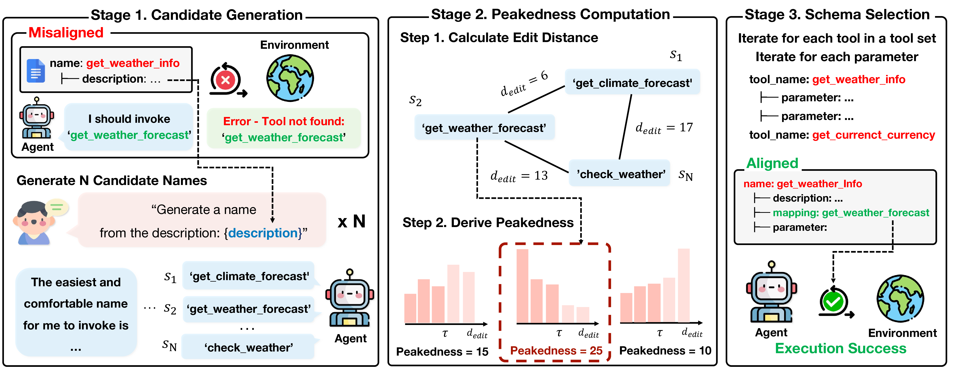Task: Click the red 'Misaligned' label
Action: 66,33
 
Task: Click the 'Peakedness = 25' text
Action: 556,350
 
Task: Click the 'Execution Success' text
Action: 841,348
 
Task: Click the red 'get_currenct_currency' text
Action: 873,135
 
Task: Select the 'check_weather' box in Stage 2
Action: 620,174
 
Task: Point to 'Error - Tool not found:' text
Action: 284,121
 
